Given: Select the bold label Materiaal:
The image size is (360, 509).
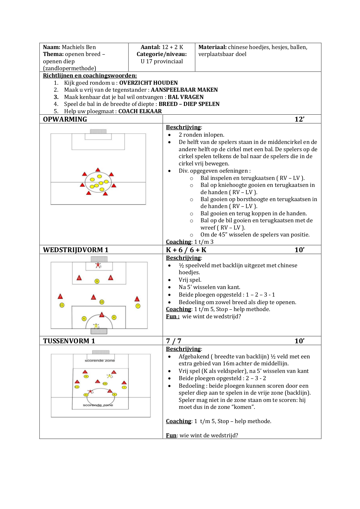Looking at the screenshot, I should point(212,47).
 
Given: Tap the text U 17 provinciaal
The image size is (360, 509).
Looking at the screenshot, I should point(162,62).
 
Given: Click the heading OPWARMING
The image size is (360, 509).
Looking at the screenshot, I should point(65,119).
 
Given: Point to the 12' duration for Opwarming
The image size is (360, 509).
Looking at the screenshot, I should point(299,119).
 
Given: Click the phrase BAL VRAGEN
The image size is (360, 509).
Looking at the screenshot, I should point(186,97).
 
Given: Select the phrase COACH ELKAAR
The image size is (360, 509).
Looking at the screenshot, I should point(140,111).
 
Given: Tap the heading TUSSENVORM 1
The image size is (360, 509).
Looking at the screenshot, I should point(69,341).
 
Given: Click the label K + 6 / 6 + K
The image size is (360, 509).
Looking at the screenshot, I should point(186,250).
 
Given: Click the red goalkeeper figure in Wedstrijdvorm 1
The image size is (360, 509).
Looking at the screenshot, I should point(98,265).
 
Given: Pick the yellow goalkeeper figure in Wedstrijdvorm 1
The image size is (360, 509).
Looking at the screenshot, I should point(96,326).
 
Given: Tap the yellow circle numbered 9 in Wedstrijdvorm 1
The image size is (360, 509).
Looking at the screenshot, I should point(97,281).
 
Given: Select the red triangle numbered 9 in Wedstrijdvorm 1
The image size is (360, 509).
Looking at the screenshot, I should point(102,315).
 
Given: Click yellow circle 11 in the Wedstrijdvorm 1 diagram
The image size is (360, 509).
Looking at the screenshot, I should point(62,305).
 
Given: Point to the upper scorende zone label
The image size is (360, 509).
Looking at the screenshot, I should point(100,361).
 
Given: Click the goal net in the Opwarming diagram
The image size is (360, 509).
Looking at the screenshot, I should point(98,131).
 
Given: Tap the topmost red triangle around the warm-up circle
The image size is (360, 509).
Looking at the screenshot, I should point(98,170).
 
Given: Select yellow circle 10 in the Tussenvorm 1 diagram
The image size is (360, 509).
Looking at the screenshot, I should point(105,384).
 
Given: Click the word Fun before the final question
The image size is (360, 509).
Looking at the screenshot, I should point(171,435).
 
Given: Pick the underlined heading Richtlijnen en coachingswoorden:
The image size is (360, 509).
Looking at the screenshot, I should point(90,76).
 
